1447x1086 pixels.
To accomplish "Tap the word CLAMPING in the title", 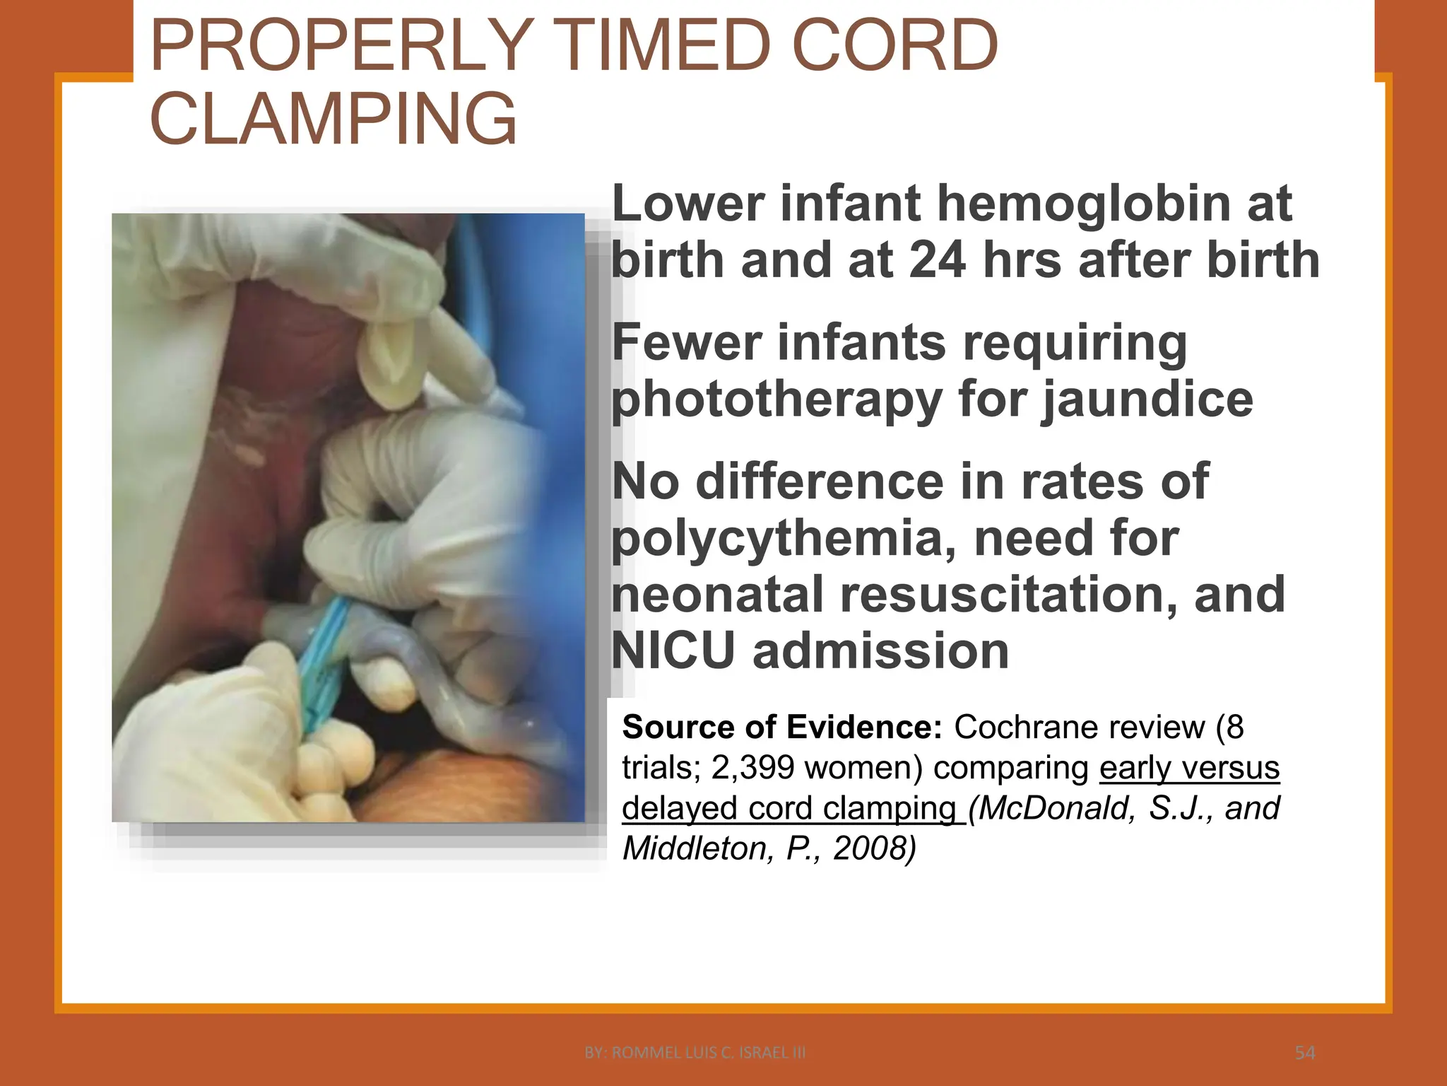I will (333, 119).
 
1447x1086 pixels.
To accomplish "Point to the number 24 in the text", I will (938, 260).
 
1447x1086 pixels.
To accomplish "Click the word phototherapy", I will (776, 400).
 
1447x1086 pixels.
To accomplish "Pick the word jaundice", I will (1147, 400).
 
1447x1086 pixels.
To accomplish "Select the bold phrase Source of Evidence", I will (782, 728).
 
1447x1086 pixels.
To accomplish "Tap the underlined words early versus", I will (1190, 768).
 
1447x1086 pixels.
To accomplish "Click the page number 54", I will (1305, 1053).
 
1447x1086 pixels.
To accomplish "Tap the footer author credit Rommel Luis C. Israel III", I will (695, 1053).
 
